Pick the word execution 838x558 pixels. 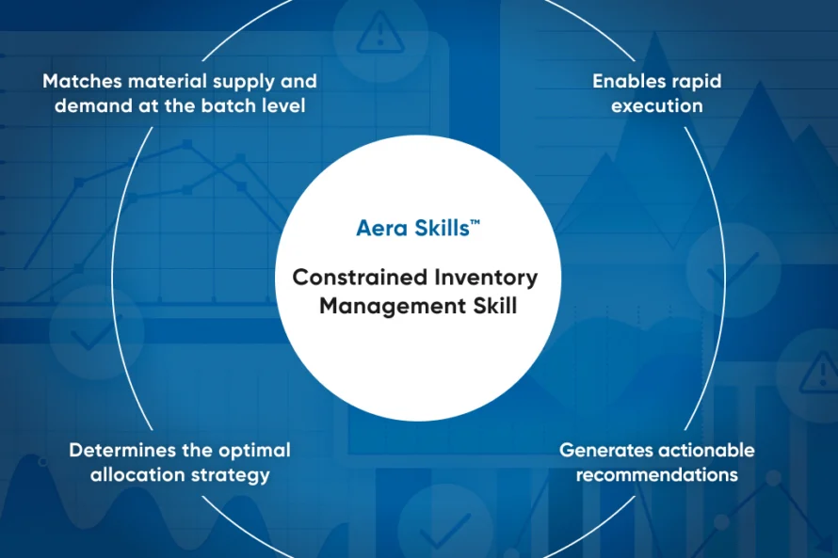click(x=656, y=105)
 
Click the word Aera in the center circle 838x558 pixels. click(x=381, y=228)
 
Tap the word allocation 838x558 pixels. click(x=135, y=474)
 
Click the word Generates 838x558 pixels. click(x=608, y=450)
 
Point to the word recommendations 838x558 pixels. click(x=656, y=474)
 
